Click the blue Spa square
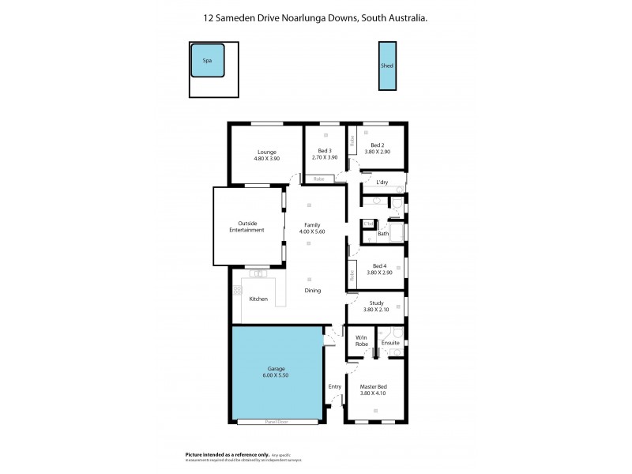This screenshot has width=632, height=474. click(x=208, y=60)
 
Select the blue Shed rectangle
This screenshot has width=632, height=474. click(x=387, y=66)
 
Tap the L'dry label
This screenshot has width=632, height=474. click(x=382, y=182)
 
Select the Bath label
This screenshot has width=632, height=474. click(x=383, y=234)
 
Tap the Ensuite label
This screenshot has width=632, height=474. click(x=390, y=343)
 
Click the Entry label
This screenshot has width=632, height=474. click(x=335, y=386)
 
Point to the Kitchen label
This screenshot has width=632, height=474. click(x=258, y=299)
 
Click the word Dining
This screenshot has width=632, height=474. click(x=313, y=291)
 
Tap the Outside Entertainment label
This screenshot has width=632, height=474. click(x=246, y=227)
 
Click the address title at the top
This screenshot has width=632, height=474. click(x=315, y=17)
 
